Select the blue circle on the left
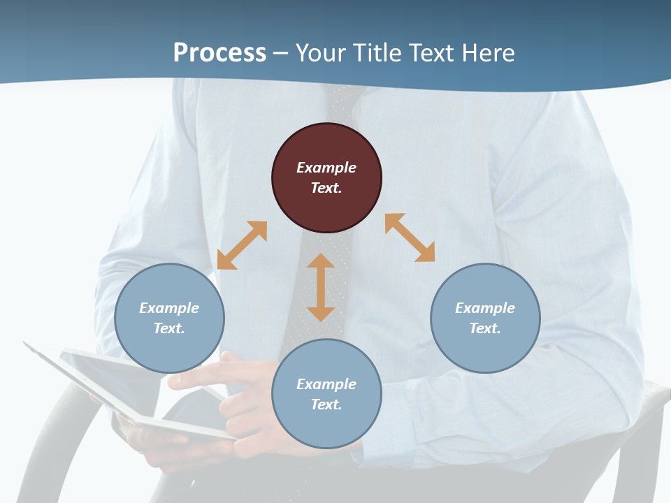[169, 318]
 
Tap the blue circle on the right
[485, 318]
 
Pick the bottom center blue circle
[326, 394]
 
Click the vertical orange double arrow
[321, 287]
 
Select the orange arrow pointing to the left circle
[242, 245]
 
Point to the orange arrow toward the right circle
[410, 238]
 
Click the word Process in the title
[219, 53]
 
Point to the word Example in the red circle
[326, 168]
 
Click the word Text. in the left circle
[169, 328]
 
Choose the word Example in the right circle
[485, 308]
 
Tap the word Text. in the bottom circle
[326, 404]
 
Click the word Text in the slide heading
[434, 53]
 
